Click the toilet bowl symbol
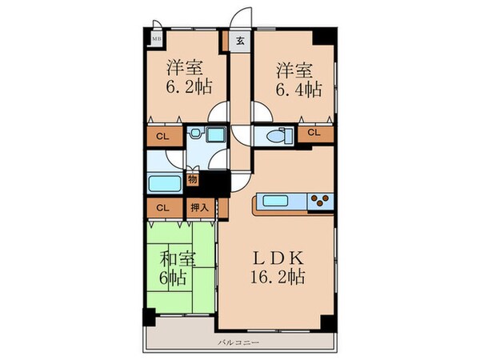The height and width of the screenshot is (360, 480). coord(274,135)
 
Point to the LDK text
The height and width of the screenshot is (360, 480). coord(277,259)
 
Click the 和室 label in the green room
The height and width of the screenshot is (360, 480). coord(178,259)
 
